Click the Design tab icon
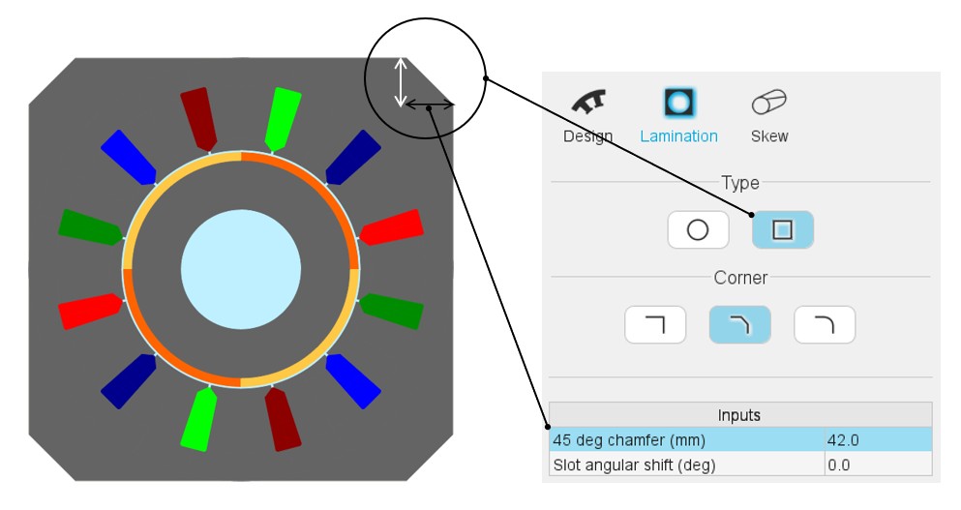pyautogui.click(x=587, y=102)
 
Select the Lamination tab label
pyautogui.click(x=678, y=136)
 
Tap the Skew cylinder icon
pyautogui.click(x=768, y=102)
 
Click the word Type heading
pyautogui.click(x=740, y=183)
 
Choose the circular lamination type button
pyautogui.click(x=697, y=230)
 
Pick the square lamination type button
pyautogui.click(x=782, y=230)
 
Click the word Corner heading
pyautogui.click(x=740, y=278)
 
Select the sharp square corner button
pyautogui.click(x=655, y=325)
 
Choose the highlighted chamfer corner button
pyautogui.click(x=739, y=325)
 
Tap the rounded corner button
pyautogui.click(x=825, y=325)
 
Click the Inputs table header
pyautogui.click(x=739, y=415)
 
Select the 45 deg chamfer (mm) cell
pyautogui.click(x=685, y=440)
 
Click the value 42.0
pyautogui.click(x=844, y=440)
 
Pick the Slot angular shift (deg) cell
pyautogui.click(x=685, y=465)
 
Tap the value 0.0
pyautogui.click(x=839, y=465)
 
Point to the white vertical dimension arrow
pyautogui.click(x=401, y=82)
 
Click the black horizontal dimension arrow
pyautogui.click(x=429, y=105)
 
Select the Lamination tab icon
pyautogui.click(x=679, y=102)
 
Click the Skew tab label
pyautogui.click(x=769, y=136)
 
